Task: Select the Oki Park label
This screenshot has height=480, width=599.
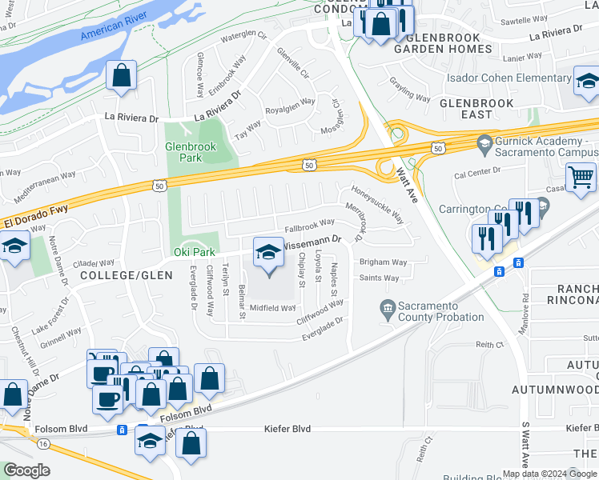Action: [x=195, y=253]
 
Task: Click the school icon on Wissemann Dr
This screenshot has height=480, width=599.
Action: [x=268, y=254]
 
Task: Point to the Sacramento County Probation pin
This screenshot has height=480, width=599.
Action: [x=387, y=307]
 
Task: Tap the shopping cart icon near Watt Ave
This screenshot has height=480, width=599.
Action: [x=581, y=177]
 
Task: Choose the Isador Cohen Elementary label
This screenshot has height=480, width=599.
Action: [x=509, y=78]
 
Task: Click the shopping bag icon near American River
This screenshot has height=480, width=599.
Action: [x=121, y=76]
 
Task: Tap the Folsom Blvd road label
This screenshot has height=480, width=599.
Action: [x=187, y=412]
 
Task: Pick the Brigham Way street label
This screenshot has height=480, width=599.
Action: [x=383, y=262]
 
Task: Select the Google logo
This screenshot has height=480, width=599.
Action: [x=26, y=470]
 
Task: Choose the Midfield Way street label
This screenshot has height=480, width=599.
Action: [x=273, y=308]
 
